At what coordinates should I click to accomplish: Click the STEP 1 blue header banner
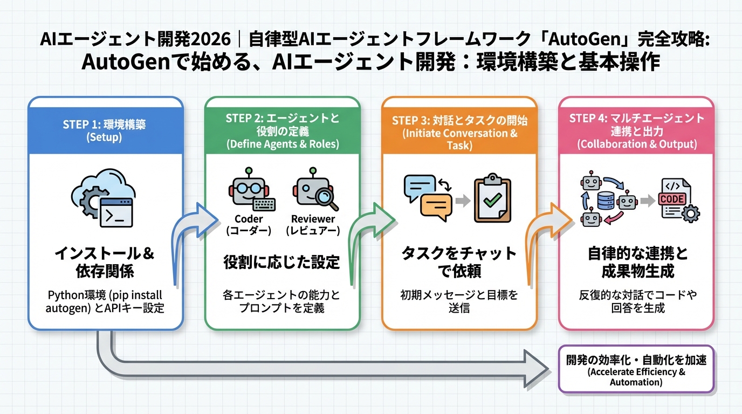point(105,129)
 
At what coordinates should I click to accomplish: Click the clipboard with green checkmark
point(491,198)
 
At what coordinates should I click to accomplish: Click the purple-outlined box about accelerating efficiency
point(636,369)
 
